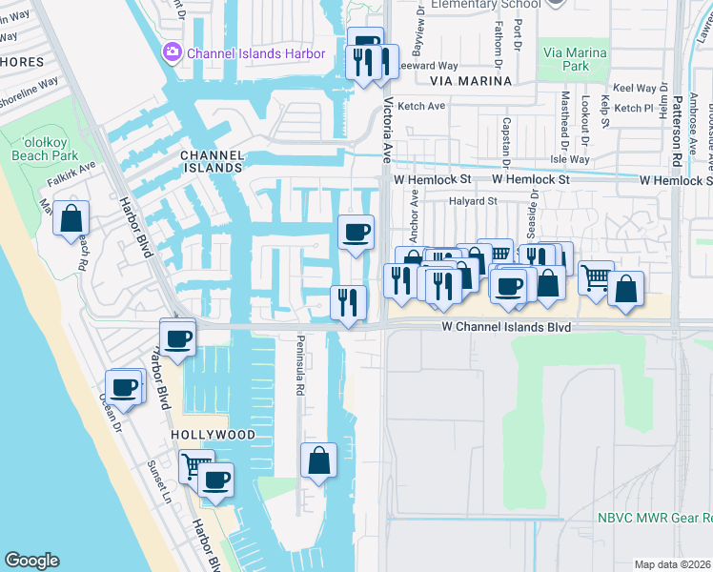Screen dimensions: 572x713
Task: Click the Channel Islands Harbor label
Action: [x=255, y=53]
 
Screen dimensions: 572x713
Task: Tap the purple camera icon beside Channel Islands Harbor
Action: [x=173, y=52]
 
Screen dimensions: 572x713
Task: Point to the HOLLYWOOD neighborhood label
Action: [x=213, y=435]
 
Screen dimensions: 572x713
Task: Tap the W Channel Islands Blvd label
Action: [x=505, y=327]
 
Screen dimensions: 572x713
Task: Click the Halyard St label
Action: [x=474, y=201]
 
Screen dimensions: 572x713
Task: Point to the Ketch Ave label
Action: [x=422, y=107]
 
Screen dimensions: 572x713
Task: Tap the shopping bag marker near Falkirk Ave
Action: [x=71, y=218]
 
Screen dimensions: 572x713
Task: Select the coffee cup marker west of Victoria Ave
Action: [x=356, y=232]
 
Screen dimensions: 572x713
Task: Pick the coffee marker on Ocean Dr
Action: [x=123, y=387]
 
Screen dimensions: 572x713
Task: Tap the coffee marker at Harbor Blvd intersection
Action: [x=178, y=337]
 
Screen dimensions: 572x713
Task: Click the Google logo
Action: [x=31, y=560]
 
